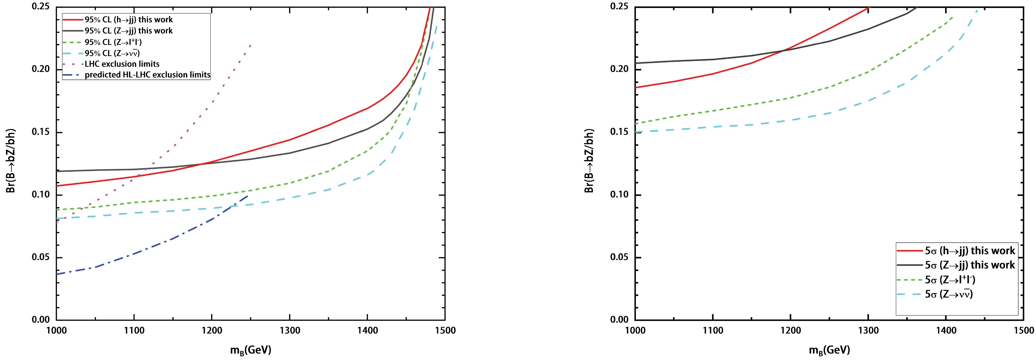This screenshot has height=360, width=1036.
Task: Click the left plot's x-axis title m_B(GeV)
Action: [x=250, y=350]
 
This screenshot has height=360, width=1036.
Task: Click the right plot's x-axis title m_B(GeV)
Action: [x=829, y=350]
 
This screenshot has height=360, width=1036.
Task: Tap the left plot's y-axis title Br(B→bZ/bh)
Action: [x=11, y=161]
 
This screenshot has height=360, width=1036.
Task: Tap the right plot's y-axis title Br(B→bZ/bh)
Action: [x=589, y=161]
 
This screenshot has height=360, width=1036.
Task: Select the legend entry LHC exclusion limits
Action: [x=122, y=64]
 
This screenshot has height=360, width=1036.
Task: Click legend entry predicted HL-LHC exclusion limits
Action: [x=147, y=75]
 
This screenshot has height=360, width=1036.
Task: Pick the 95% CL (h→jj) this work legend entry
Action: [x=128, y=20]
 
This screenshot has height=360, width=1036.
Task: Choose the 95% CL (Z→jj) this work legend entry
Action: [x=128, y=31]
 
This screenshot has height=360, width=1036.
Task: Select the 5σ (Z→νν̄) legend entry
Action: [x=948, y=294]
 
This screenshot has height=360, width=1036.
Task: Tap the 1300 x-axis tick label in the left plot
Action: [x=290, y=331]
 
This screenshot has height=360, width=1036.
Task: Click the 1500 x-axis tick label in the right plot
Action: [x=1023, y=331]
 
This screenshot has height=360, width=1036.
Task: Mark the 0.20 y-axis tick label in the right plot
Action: [x=619, y=69]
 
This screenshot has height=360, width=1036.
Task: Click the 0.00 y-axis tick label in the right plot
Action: [x=619, y=320]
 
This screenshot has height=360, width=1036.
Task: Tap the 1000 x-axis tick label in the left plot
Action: [x=57, y=331]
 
